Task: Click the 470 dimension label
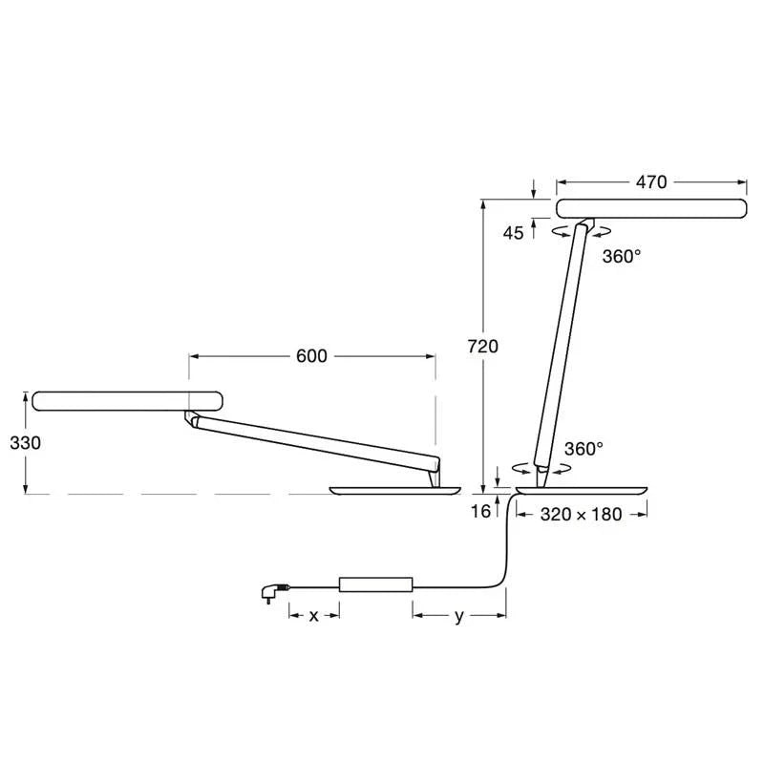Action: pos(651,182)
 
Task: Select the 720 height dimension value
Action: pos(483,347)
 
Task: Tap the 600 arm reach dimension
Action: pos(311,356)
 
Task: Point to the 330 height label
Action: pos(26,443)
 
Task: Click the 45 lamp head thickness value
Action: pos(513,233)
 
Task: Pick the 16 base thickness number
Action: pos(480,511)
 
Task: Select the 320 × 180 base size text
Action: pos(581,515)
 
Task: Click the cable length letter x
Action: pos(314,616)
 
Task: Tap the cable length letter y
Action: pos(459,617)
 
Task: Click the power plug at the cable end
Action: pos(274,592)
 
